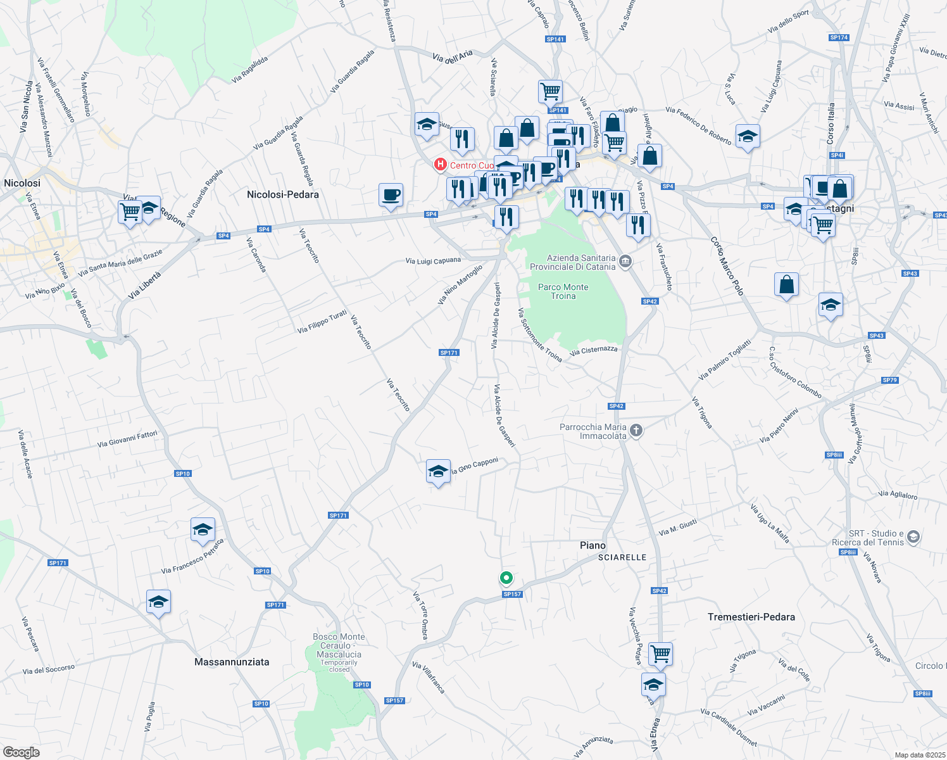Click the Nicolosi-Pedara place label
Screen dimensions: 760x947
click(282, 194)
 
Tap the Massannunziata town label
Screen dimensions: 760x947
click(232, 662)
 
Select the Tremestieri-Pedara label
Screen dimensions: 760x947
click(751, 617)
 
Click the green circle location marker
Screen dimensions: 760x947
click(506, 577)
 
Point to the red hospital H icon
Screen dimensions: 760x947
click(440, 165)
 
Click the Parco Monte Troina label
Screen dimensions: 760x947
click(563, 291)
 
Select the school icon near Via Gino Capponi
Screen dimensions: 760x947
click(438, 471)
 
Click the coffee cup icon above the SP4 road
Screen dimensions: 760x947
click(391, 195)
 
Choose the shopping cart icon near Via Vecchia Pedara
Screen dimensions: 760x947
click(660, 653)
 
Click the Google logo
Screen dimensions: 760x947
click(21, 752)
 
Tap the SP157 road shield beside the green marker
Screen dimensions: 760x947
click(512, 594)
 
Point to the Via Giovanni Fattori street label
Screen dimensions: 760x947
click(127, 439)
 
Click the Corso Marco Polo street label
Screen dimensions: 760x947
click(727, 266)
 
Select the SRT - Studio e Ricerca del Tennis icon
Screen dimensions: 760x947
click(913, 538)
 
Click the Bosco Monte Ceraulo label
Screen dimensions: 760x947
click(339, 645)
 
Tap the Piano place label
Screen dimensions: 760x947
click(593, 545)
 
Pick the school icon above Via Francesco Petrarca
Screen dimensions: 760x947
click(203, 529)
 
